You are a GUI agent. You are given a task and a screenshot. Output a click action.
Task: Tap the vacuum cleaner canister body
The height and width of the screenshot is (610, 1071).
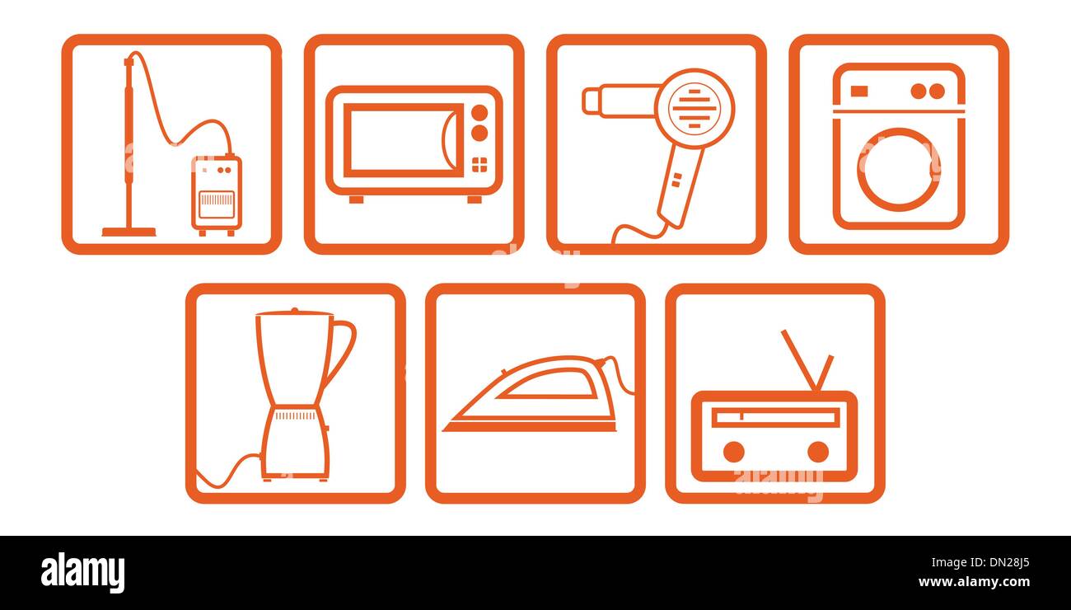pyautogui.click(x=217, y=193)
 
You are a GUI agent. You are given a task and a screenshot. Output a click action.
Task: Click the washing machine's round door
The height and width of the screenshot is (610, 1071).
pyautogui.click(x=898, y=169)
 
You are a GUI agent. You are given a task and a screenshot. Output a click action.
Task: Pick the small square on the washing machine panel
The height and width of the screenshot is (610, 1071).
pyautogui.click(x=858, y=91)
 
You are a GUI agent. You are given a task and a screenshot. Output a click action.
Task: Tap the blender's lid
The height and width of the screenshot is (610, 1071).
pyautogui.click(x=293, y=312)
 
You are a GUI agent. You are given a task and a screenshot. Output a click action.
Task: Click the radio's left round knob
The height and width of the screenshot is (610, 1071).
pyautogui.click(x=733, y=452)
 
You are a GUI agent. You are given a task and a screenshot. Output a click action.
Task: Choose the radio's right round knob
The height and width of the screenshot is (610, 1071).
pyautogui.click(x=817, y=452)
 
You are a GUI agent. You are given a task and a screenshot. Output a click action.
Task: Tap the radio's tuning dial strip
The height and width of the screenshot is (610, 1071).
pyautogui.click(x=774, y=417)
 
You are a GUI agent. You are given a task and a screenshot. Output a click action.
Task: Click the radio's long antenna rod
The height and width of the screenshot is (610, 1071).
pyautogui.click(x=797, y=359)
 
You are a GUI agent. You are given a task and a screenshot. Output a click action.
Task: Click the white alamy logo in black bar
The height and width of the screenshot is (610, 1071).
pyautogui.click(x=83, y=573)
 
